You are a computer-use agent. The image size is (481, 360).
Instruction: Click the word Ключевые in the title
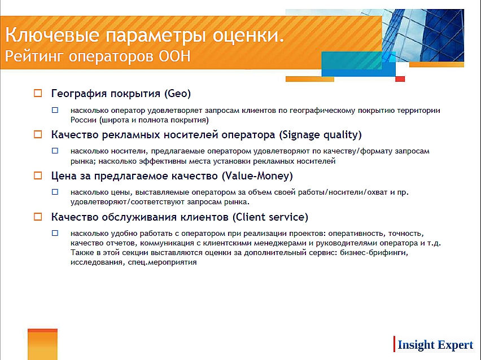pyautogui.click(x=53, y=34)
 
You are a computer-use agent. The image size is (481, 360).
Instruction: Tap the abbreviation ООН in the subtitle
pyautogui.click(x=174, y=56)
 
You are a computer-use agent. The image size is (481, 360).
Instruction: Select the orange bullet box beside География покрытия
pyautogui.click(x=38, y=93)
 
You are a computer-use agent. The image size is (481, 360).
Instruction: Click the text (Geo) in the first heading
pyautogui.click(x=177, y=94)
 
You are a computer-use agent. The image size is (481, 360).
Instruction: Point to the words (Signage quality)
pyautogui.click(x=320, y=135)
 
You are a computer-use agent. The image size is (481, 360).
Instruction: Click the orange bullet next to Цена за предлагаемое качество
pyautogui.click(x=38, y=175)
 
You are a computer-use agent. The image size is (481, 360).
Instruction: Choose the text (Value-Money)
pyautogui.click(x=257, y=176)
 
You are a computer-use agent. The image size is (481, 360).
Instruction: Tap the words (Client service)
pyautogui.click(x=270, y=217)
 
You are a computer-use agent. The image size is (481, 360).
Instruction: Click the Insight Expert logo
pyautogui.click(x=434, y=345)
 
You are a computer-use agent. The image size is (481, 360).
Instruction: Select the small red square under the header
pyautogui.click(x=400, y=79)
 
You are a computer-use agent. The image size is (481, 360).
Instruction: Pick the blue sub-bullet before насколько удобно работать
pyautogui.click(x=55, y=233)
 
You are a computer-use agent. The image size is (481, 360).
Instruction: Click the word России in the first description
pyautogui.click(x=84, y=120)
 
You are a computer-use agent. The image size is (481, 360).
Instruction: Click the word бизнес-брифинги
pyautogui.click(x=374, y=253)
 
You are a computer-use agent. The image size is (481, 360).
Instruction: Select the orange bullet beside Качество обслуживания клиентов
pyautogui.click(x=38, y=217)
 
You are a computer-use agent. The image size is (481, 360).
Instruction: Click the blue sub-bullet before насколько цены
pyautogui.click(x=55, y=192)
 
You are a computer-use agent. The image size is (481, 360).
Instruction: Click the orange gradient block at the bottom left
pyautogui.click(x=43, y=344)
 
